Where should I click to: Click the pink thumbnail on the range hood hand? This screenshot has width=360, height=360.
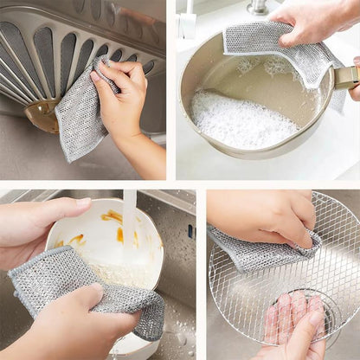96,78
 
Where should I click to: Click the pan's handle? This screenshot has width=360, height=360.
346,78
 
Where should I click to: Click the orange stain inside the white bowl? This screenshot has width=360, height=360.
112,216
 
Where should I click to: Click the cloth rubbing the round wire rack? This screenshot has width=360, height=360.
260,251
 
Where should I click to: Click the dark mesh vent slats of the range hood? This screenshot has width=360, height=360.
43,52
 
